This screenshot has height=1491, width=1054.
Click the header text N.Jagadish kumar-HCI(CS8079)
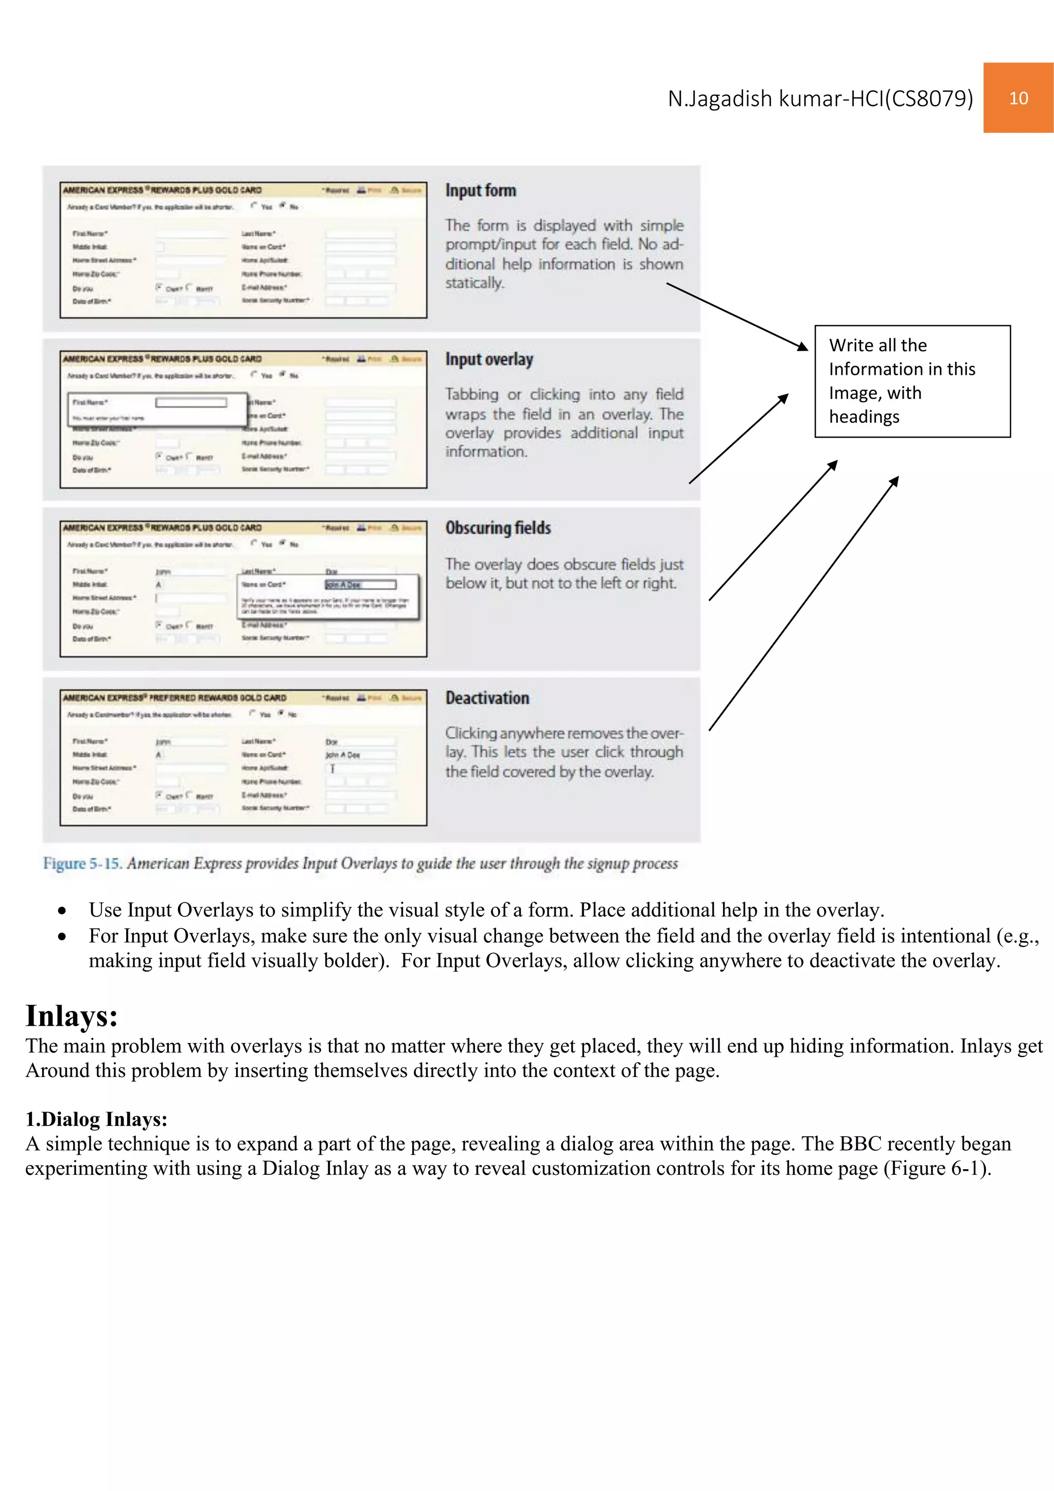[820, 99]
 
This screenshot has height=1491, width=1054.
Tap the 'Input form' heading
[480, 190]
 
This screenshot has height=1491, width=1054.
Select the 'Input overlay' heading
[489, 359]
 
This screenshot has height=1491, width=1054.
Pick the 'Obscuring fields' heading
[498, 528]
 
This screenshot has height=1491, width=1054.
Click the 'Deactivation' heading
[487, 698]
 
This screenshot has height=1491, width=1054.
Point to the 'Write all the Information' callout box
[912, 381]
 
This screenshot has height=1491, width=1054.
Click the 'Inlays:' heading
[72, 1016]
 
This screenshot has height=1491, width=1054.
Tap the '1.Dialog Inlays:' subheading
[96, 1119]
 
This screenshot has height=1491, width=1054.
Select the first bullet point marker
[62, 911]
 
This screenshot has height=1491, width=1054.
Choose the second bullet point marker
[62, 937]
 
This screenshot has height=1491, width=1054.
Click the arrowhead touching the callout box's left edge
[803, 347]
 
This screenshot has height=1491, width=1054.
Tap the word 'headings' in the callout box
[864, 417]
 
